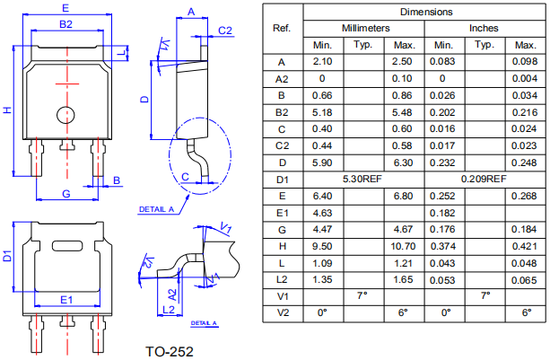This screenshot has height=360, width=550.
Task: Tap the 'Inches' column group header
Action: pos(484,28)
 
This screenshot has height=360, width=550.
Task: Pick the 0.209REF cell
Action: pos(484,180)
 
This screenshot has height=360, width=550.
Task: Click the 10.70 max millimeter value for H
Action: pos(404,246)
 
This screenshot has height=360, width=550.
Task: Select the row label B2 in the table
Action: pos(282,112)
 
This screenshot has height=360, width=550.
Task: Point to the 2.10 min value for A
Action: pos(323,61)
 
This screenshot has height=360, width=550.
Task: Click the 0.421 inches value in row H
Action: pos(524,246)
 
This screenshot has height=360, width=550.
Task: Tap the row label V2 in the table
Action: pos(282,312)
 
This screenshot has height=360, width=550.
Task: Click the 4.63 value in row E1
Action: pos(323,213)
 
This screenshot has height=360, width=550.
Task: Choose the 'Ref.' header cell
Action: pos(282,28)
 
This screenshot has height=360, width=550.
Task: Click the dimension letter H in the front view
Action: pos(7,110)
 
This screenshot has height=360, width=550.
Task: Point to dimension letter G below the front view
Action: pos(65,194)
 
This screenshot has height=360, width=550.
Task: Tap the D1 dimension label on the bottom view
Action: pos(7,257)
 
